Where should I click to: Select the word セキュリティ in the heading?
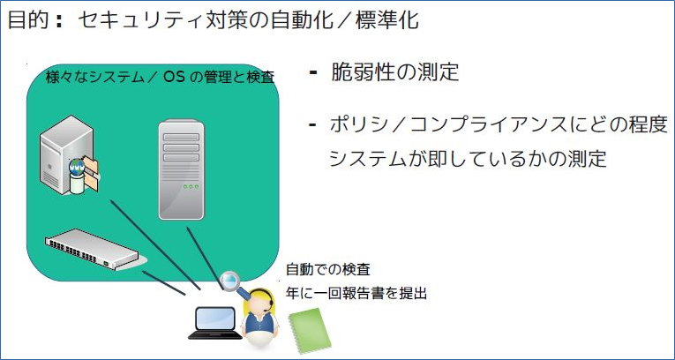pos(131,19)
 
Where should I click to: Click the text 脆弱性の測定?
pos(394,72)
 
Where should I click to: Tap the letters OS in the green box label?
pos(175,77)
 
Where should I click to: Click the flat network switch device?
pos(94,251)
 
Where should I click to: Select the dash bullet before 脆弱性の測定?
pos(314,71)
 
